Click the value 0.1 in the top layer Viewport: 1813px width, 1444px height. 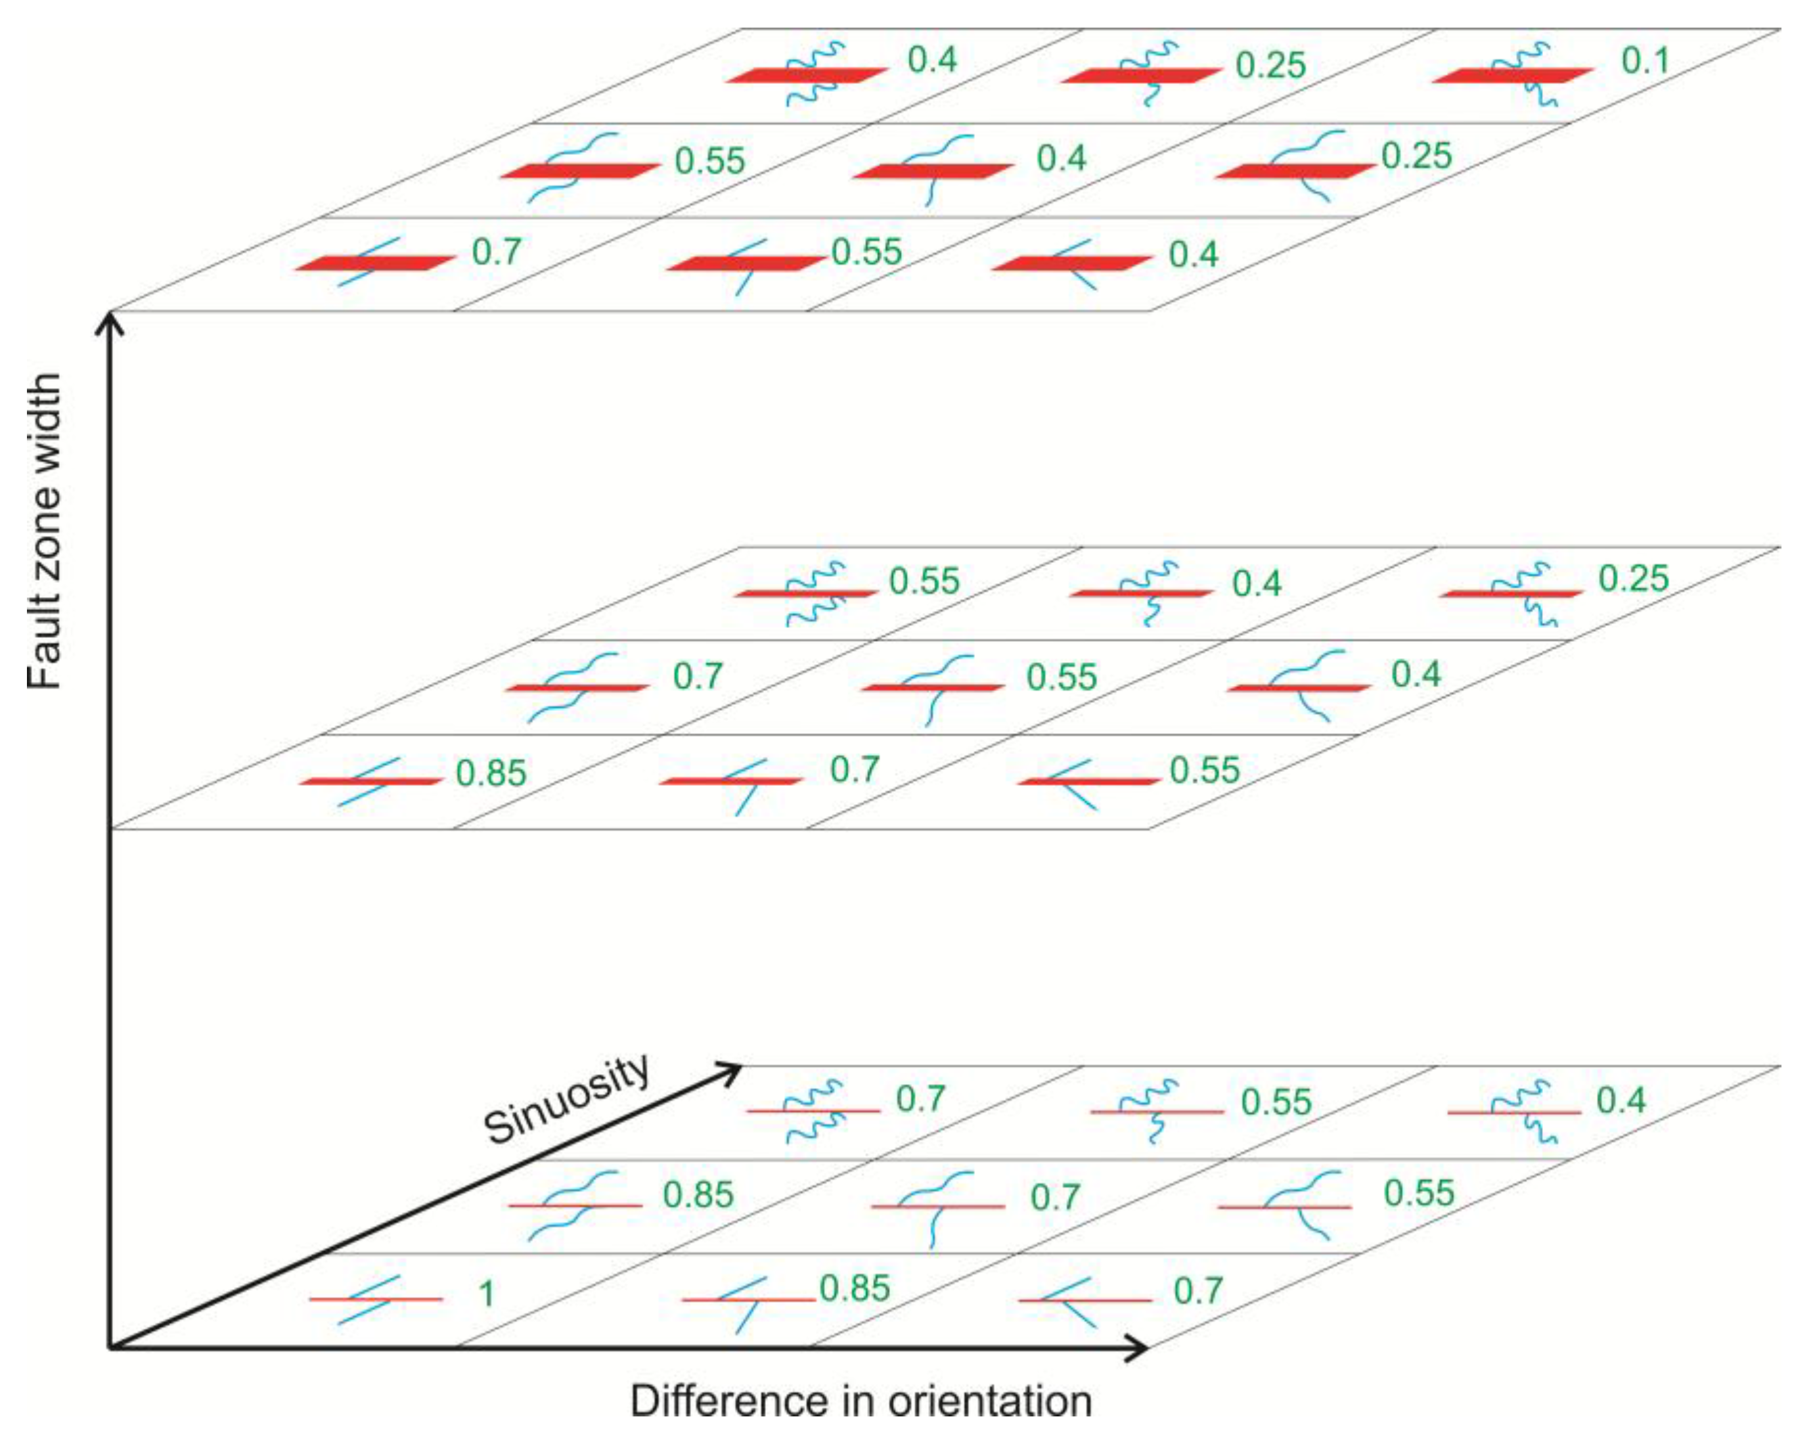(1644, 60)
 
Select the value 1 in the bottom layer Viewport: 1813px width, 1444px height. (486, 1294)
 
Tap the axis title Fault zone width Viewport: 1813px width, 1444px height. (44, 531)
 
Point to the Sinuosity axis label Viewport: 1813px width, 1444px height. (568, 1099)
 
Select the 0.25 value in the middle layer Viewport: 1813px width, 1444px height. (1633, 579)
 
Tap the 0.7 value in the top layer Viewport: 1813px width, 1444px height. (496, 252)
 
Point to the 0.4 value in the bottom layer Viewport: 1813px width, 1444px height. (1621, 1100)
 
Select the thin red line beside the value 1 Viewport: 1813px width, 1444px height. (420, 1299)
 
